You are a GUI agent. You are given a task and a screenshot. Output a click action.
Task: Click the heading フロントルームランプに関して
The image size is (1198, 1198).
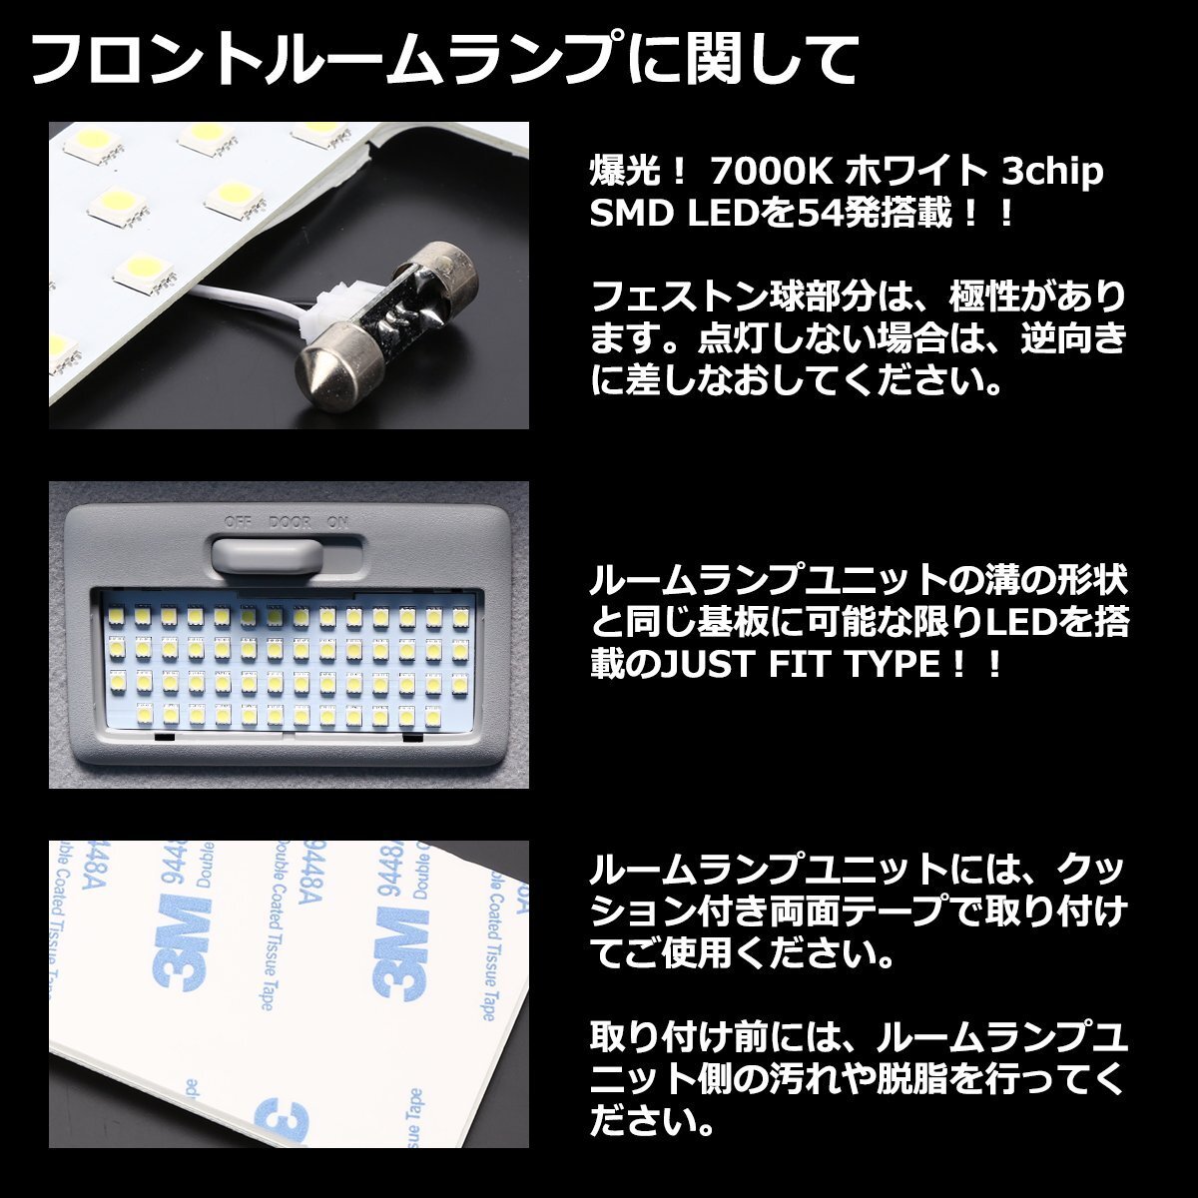pyautogui.click(x=444, y=59)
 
